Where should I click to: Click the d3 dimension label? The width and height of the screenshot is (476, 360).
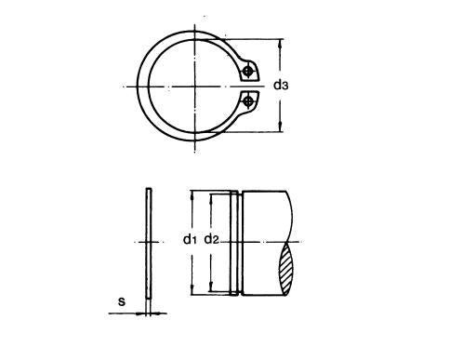(x=281, y=85)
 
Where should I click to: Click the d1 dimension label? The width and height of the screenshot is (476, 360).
(x=190, y=239)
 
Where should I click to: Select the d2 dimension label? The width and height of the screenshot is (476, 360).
(x=212, y=239)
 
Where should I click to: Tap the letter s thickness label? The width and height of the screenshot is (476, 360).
(x=122, y=301)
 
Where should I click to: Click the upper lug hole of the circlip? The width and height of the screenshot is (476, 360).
(x=247, y=72)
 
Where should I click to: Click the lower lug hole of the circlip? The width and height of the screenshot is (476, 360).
(x=248, y=100)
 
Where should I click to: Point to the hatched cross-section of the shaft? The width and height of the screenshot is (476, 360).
(x=285, y=269)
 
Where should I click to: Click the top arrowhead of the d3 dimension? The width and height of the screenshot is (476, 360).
(x=281, y=43)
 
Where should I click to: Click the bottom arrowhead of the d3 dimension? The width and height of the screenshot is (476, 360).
(x=281, y=127)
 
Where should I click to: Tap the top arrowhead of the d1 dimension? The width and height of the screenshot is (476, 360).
(x=192, y=194)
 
